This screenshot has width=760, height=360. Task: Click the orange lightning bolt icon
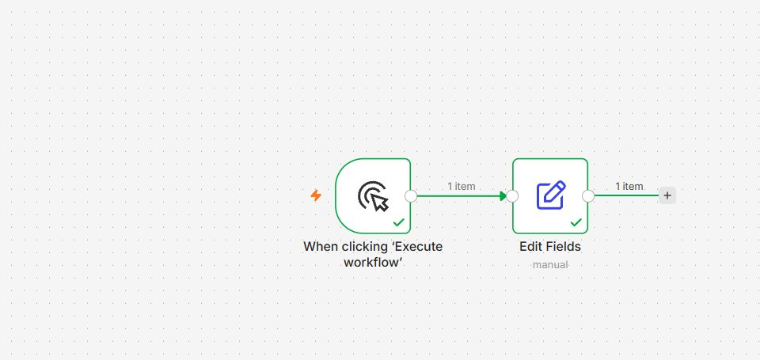click(316, 195)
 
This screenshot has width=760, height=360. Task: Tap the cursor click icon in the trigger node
click(373, 196)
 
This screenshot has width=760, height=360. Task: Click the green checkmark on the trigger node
click(399, 222)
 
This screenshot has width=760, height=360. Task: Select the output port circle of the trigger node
click(411, 195)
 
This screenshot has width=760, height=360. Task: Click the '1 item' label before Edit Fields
click(462, 186)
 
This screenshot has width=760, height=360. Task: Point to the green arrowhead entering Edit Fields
click(503, 195)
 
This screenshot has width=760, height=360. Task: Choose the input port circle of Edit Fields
click(512, 195)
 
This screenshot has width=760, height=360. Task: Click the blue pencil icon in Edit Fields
click(551, 195)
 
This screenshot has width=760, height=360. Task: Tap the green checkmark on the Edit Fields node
click(576, 222)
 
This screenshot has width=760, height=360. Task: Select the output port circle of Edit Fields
click(588, 195)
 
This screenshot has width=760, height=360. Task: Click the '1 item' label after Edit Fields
click(629, 186)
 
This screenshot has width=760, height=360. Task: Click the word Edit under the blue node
click(530, 247)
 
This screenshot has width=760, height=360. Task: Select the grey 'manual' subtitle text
click(550, 265)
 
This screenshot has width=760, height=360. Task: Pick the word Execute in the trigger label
click(417, 247)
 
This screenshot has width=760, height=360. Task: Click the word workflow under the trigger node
click(373, 262)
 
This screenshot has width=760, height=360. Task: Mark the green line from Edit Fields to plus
click(627, 195)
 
